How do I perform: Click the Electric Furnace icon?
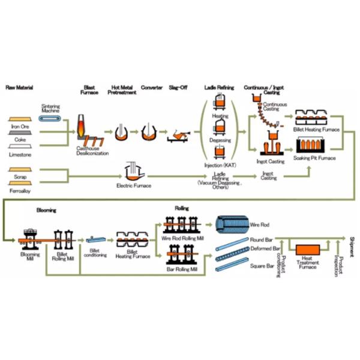point(133,173)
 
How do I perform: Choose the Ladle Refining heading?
point(218,88)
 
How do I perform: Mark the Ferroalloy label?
point(21,191)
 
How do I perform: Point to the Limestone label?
point(21,154)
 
